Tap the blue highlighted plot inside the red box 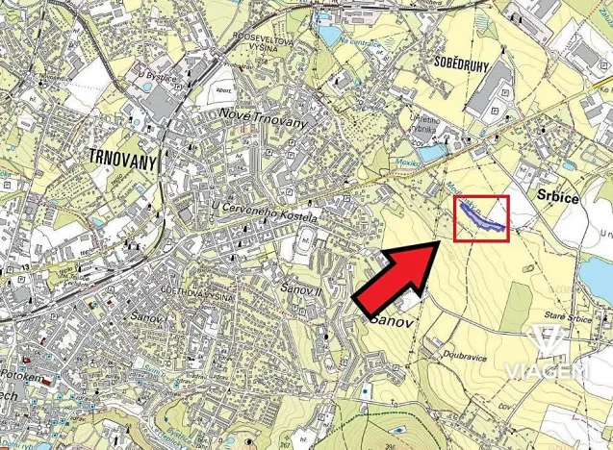pos(481,217)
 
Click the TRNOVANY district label pos(121,158)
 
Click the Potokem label pos(27,378)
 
